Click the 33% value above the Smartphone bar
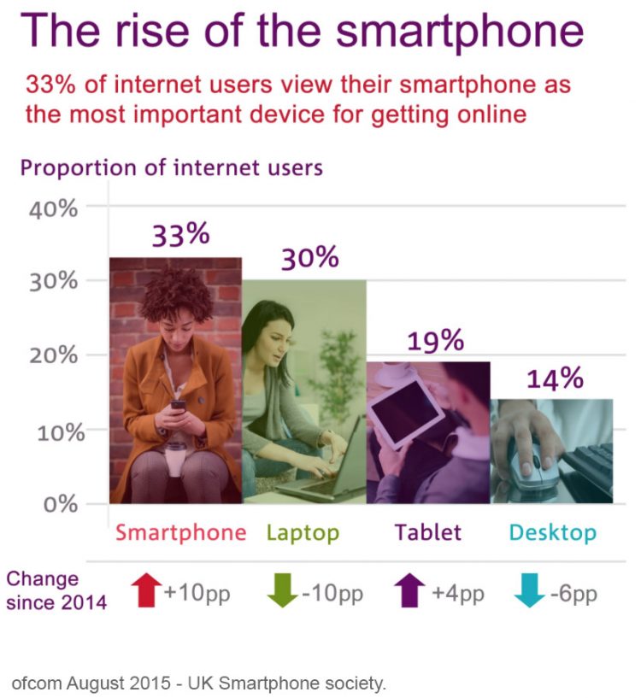(x=180, y=235)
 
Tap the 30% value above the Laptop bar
(x=309, y=258)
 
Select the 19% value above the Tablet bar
(x=435, y=341)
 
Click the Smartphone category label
(x=180, y=533)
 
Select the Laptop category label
(x=303, y=533)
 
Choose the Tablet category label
(x=427, y=532)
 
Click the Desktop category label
(x=552, y=533)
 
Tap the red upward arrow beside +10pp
(x=146, y=590)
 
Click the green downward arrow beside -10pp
(x=284, y=590)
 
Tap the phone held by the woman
(x=178, y=404)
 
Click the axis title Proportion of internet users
(x=171, y=167)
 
